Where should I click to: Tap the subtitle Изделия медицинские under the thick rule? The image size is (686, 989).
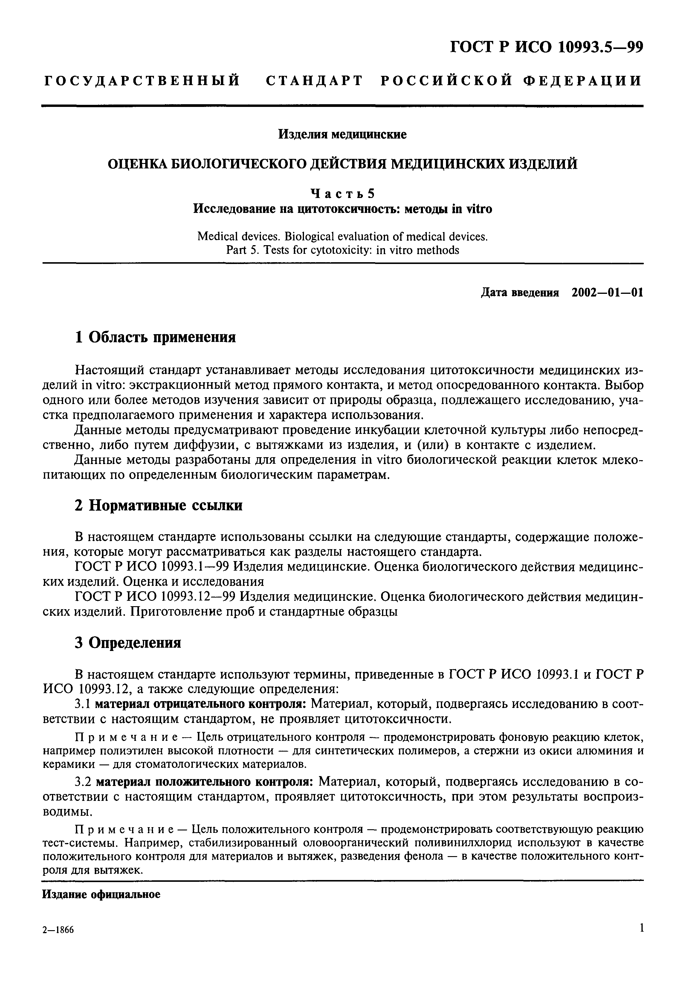click(342, 134)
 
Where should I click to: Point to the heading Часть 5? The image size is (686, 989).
click(342, 194)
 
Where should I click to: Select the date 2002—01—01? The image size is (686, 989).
click(607, 293)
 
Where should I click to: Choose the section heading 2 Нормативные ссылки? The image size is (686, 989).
click(158, 506)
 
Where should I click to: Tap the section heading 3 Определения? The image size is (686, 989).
click(128, 643)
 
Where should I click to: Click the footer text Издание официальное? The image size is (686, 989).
click(101, 895)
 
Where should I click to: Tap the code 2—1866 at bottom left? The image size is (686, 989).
click(59, 942)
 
